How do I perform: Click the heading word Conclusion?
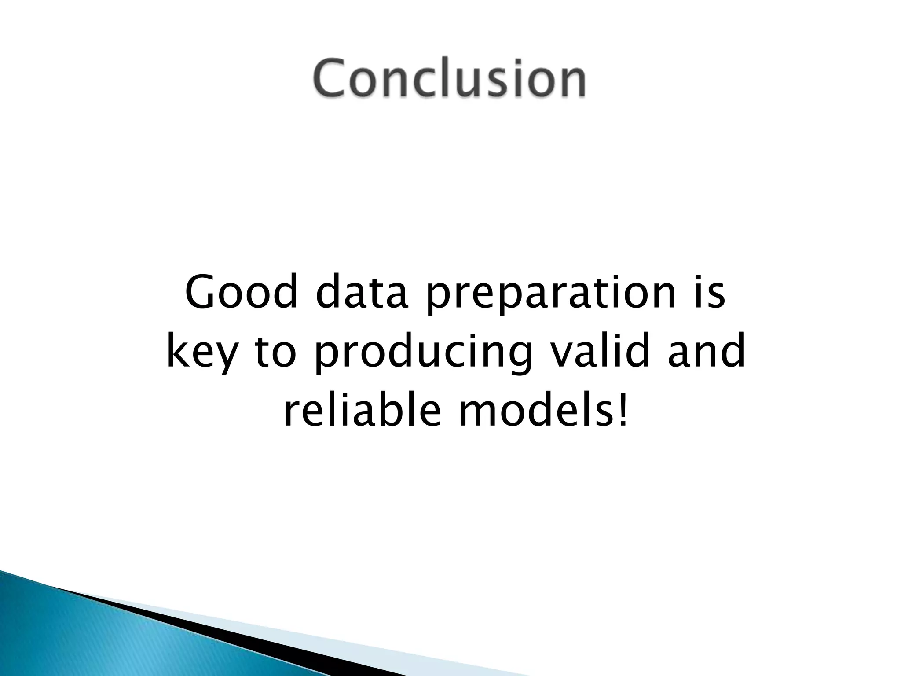pyautogui.click(x=450, y=79)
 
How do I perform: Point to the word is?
pyautogui.click(x=708, y=293)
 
